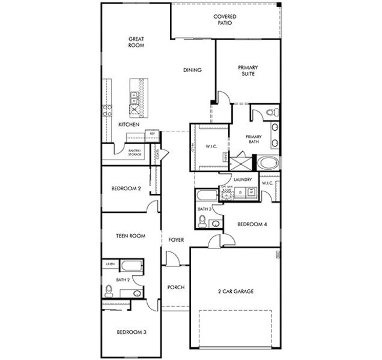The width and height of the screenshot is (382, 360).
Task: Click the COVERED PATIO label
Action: click(x=224, y=20)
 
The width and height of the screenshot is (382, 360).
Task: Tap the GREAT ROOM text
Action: click(x=136, y=41)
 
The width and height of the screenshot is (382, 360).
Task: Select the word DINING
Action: click(x=192, y=70)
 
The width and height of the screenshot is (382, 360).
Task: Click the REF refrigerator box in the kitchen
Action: click(x=152, y=133)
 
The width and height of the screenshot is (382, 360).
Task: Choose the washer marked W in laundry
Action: click(x=252, y=192)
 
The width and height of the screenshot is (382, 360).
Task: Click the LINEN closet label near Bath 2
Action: click(x=110, y=263)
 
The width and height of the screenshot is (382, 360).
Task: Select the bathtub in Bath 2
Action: click(x=131, y=266)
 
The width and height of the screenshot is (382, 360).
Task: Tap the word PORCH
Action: click(x=175, y=287)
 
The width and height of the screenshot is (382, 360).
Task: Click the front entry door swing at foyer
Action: click(x=172, y=259)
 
